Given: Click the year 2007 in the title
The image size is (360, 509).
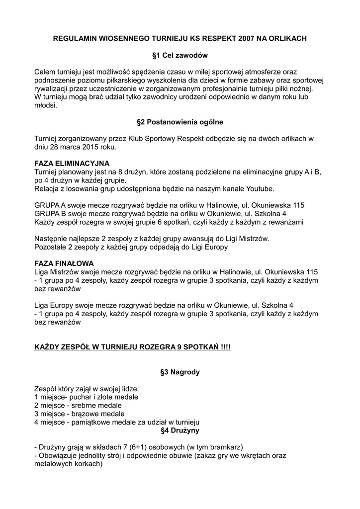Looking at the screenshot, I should (247, 37).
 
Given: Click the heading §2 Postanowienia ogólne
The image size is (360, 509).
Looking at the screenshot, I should (180, 121).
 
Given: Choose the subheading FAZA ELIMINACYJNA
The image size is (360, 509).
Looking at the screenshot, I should (72, 163).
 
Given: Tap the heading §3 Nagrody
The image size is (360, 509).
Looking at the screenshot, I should (180, 371).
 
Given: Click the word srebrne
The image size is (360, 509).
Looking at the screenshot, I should (79, 405).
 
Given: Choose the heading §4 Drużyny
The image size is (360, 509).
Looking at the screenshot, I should (180, 430).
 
